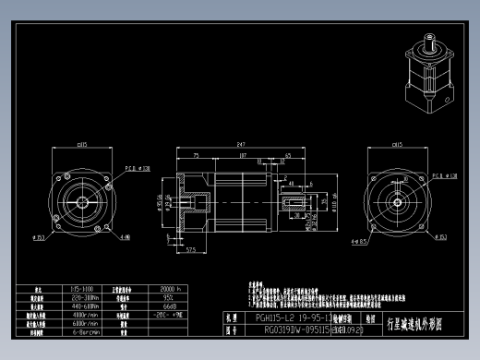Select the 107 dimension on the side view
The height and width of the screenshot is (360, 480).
pyautogui.click(x=242, y=157)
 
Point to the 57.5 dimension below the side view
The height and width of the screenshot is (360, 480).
pyautogui.click(x=192, y=249)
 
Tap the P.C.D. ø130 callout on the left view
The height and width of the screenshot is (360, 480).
pyautogui.click(x=137, y=169)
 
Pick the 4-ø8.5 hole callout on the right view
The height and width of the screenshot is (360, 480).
pyautogui.click(x=359, y=242)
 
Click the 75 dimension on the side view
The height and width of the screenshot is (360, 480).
pyautogui.click(x=197, y=157)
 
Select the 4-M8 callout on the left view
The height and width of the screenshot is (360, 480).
pyautogui.click(x=124, y=237)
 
